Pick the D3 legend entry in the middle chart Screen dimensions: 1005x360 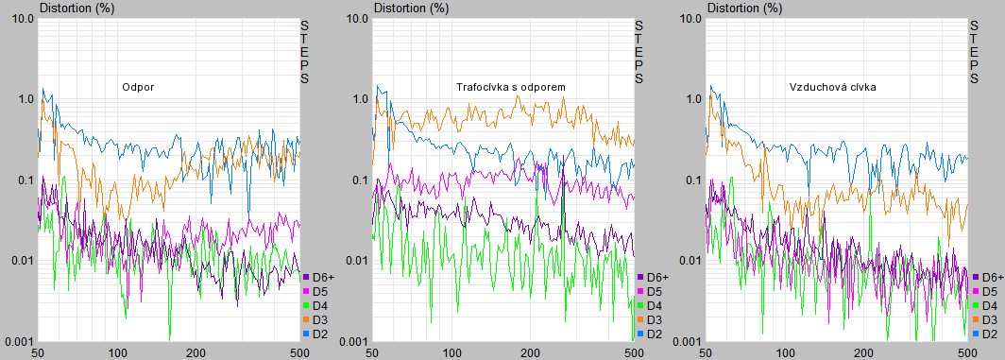(x=651, y=319)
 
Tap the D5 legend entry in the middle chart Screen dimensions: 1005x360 (x=651, y=291)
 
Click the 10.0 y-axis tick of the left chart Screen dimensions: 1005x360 (x=21, y=18)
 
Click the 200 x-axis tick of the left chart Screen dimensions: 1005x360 (x=196, y=353)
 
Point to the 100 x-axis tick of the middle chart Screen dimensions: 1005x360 (x=452, y=353)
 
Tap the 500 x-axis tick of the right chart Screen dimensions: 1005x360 (x=968, y=353)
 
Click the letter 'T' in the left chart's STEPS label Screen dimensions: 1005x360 (x=304, y=39)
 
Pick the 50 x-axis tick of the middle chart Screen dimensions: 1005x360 (x=372, y=353)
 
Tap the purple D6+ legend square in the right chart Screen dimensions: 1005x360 (x=976, y=277)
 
